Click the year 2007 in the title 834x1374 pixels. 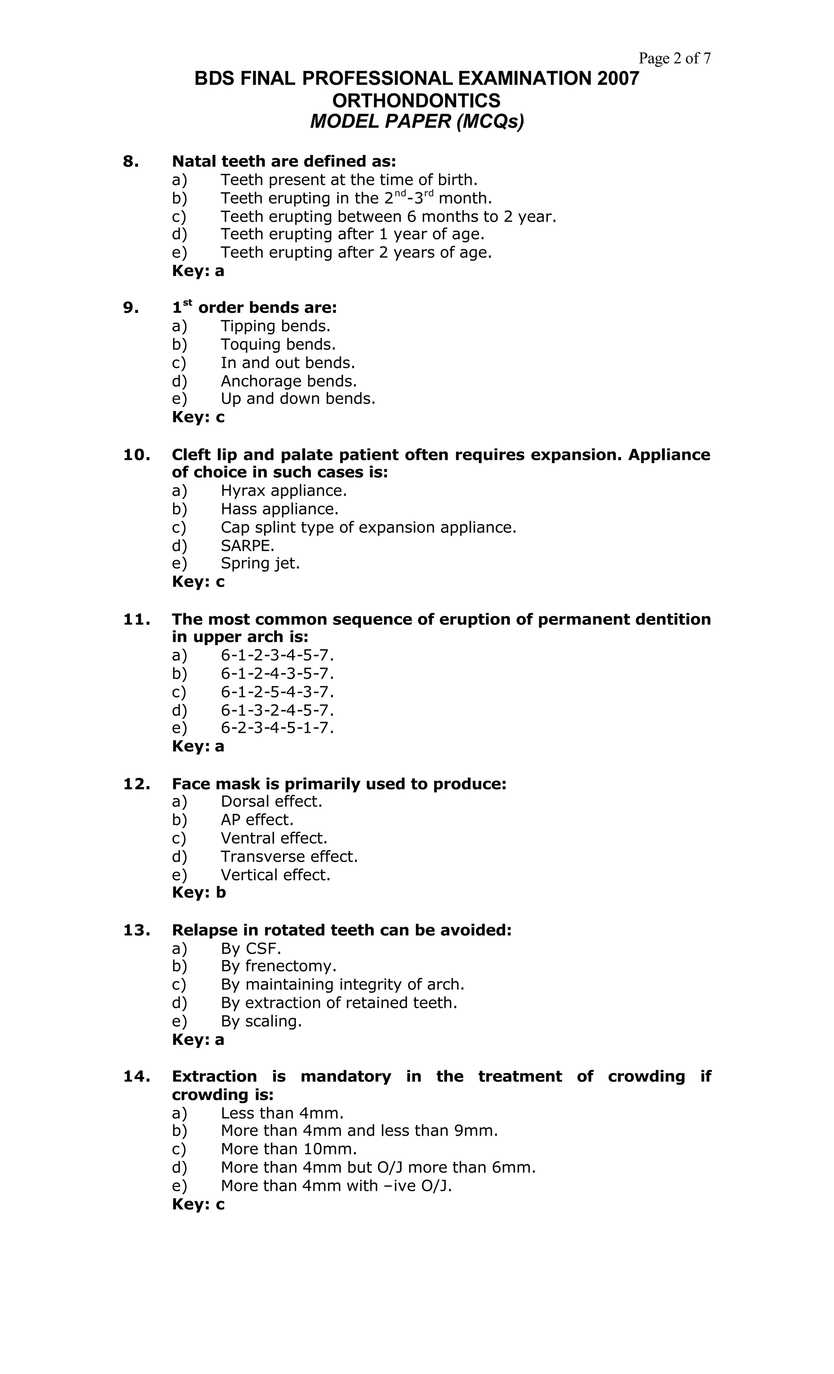[618, 79]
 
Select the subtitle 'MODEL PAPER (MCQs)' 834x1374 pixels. [417, 121]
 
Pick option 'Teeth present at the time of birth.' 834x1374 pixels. [349, 180]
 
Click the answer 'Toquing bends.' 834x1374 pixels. [278, 344]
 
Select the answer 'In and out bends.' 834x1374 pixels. [288, 363]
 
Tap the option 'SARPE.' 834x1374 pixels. [248, 545]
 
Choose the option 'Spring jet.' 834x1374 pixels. [260, 563]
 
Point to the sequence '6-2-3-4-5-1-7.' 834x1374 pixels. [277, 728]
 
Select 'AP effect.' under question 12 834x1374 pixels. [257, 819]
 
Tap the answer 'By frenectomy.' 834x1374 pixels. [278, 965]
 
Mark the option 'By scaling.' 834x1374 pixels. [261, 1020]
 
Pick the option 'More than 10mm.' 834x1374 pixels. [288, 1149]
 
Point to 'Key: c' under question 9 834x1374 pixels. [198, 417]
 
